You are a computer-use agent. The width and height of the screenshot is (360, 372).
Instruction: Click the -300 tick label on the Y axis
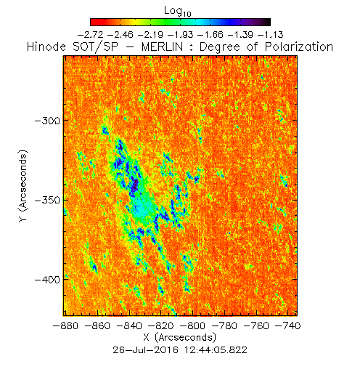point(47,121)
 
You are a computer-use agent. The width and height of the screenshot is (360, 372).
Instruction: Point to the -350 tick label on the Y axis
point(47,201)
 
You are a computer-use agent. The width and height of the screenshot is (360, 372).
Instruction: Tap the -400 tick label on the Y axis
point(47,280)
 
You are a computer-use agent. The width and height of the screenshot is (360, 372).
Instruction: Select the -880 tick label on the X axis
point(65,325)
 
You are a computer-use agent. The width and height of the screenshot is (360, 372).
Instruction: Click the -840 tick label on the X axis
point(129,325)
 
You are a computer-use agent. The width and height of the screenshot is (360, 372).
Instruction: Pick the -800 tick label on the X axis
point(193,325)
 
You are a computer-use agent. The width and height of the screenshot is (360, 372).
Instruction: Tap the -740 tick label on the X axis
point(288,325)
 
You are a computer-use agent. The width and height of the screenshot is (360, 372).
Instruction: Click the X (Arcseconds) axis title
point(179,338)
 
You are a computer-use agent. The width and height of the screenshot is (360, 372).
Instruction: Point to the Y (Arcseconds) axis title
point(23,186)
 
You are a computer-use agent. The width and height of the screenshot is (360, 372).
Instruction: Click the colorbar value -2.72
point(91,35)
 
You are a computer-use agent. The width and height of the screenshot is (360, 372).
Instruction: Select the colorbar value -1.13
point(271,35)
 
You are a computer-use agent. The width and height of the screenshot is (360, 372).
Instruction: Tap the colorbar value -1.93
point(181,35)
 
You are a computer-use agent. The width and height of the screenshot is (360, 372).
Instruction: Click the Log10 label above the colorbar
point(178,11)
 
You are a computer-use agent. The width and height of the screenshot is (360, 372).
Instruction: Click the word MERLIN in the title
point(162,46)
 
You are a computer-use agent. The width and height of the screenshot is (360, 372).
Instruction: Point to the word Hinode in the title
point(46,46)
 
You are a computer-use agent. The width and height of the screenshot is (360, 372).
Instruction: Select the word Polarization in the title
point(299,46)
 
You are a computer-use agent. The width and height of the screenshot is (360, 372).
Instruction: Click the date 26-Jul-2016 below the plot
point(146,350)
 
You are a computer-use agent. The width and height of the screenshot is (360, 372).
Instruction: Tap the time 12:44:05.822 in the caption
point(216,350)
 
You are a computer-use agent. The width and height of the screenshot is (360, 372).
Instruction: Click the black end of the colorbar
point(267,22)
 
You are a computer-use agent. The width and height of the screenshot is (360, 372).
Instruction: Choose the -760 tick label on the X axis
point(256,325)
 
